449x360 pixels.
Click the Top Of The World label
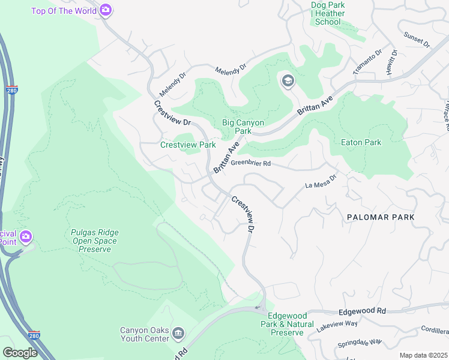click(x=63, y=10)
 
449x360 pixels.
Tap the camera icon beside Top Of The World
click(x=106, y=10)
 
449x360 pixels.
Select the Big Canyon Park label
click(x=243, y=127)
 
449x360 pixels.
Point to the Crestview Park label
click(x=188, y=145)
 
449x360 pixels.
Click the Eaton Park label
click(x=361, y=143)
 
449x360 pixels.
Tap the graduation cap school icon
click(x=288, y=81)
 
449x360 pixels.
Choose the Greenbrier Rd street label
click(x=251, y=163)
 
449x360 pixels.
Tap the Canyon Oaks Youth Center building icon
click(x=178, y=334)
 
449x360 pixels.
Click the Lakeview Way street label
click(x=337, y=323)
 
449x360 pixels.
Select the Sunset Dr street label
click(x=417, y=40)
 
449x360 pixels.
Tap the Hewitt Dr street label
click(x=394, y=61)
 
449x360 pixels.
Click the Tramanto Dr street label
click(x=367, y=62)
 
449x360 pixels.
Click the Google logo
click(x=20, y=352)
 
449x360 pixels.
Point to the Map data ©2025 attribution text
click(x=424, y=355)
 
